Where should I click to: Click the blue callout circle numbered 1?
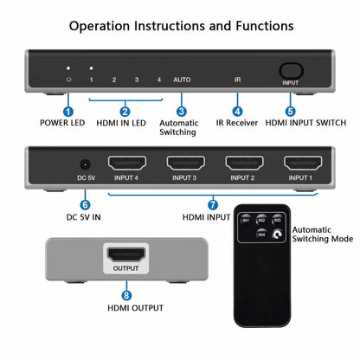67,110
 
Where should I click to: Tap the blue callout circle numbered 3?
181,110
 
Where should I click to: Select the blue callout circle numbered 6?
85,204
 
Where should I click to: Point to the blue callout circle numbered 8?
126,293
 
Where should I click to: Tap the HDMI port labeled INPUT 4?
125,164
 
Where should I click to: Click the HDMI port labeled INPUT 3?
184,164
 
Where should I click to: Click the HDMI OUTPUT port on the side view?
126,254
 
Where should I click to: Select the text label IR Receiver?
237,123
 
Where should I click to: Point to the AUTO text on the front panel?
182,79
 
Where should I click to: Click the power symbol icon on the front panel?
68,79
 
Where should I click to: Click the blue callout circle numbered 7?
214,204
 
